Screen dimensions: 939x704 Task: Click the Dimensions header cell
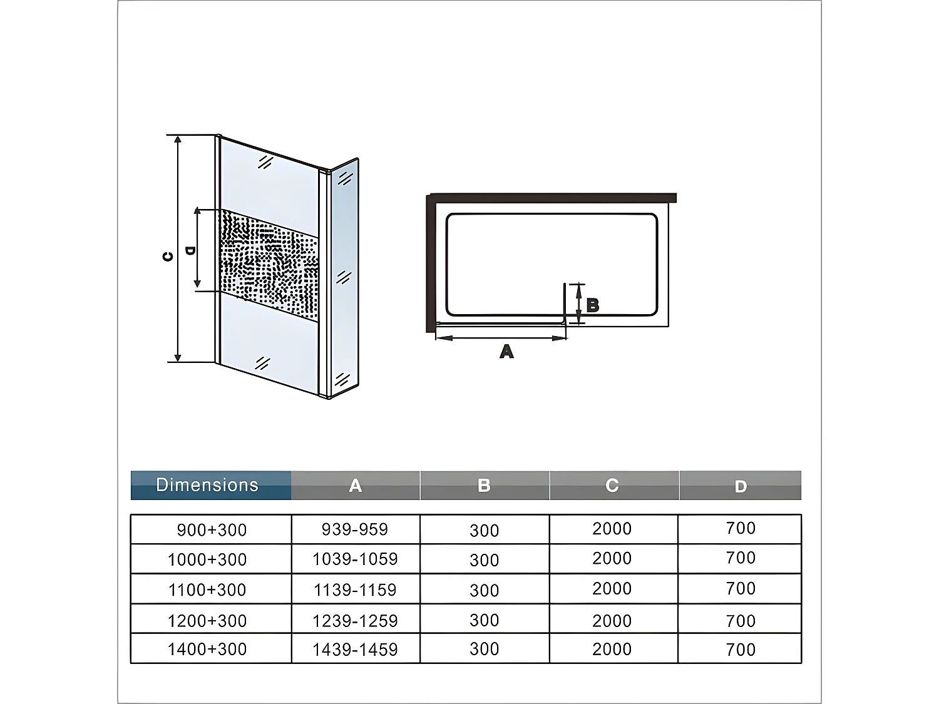(207, 485)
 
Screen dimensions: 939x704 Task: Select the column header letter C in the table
(612, 485)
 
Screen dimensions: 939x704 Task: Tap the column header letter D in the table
(741, 486)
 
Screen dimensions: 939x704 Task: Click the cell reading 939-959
(355, 529)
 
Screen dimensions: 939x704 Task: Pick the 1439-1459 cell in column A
(355, 650)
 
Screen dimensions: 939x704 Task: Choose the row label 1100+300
(207, 590)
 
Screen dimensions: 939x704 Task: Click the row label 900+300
(212, 530)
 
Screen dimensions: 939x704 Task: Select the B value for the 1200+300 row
(485, 620)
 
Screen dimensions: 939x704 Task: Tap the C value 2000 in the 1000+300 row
(612, 558)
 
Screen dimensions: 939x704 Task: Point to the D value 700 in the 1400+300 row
(741, 650)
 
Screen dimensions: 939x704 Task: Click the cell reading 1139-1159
(355, 590)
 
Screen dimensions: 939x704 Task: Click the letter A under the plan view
(506, 351)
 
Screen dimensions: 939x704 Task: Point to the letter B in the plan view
(592, 305)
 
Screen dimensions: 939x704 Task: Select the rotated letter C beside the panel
(168, 257)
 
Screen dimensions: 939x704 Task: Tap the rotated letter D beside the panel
(190, 251)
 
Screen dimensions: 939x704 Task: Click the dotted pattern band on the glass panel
(269, 265)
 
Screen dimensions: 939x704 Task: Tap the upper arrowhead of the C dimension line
(178, 140)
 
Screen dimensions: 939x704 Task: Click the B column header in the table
(485, 485)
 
